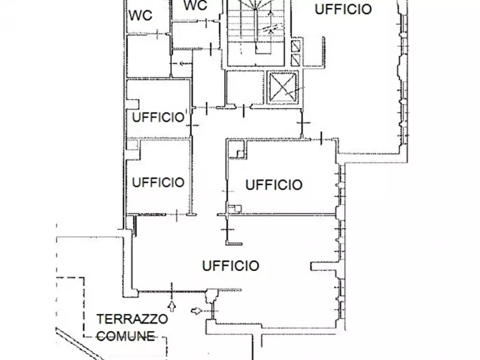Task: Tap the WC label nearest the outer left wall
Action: pyautogui.click(x=140, y=16)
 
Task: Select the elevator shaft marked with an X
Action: pyautogui.click(x=283, y=87)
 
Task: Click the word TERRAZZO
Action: pyautogui.click(x=132, y=319)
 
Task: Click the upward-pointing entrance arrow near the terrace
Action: pyautogui.click(x=172, y=307)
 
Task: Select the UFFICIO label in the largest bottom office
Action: pyautogui.click(x=231, y=265)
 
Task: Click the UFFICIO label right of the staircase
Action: pyautogui.click(x=342, y=9)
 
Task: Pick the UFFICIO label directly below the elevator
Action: pyautogui.click(x=274, y=185)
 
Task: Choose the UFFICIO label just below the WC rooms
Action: pyautogui.click(x=158, y=117)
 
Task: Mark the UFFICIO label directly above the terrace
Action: pyautogui.click(x=158, y=182)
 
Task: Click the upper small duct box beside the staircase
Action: pyautogui.click(x=296, y=46)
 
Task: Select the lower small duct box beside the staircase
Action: pyautogui.click(x=296, y=59)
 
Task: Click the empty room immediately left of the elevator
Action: pyautogui.click(x=245, y=87)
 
